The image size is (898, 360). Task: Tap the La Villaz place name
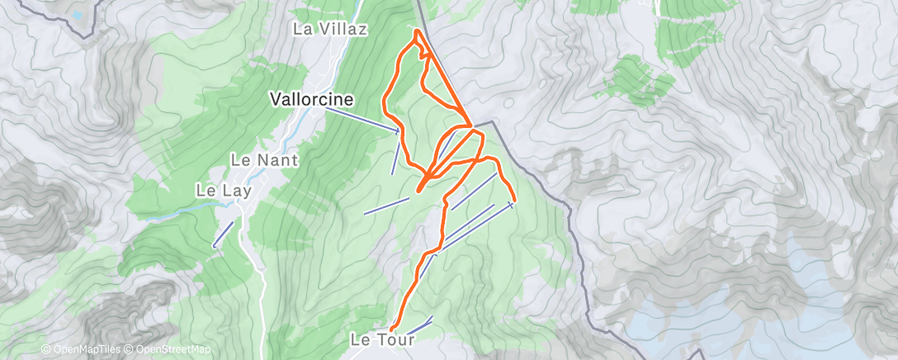pyautogui.click(x=330, y=29)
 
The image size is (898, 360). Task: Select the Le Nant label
pyautogui.click(x=264, y=159)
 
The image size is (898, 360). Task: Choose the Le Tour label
pyautogui.click(x=380, y=339)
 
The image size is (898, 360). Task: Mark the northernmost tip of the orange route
pyautogui.click(x=417, y=31)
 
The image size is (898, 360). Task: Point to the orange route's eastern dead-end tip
pyautogui.click(x=514, y=199)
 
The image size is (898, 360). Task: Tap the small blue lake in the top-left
pyautogui.click(x=78, y=15)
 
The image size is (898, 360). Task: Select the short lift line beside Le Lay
pyautogui.click(x=223, y=233)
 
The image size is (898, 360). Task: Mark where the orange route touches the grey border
pyautogui.click(x=471, y=126)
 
